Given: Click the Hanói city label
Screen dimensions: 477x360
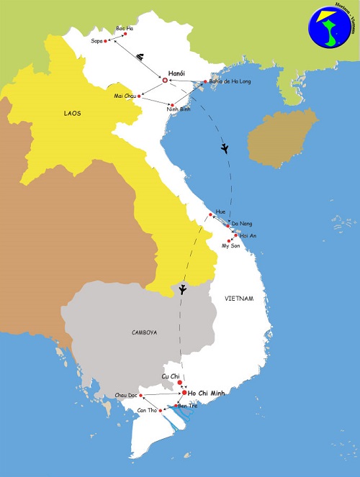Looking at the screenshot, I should point(176,73).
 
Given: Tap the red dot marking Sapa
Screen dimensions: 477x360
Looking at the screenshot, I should point(107,41).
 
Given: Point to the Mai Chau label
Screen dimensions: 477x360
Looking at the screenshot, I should point(125,96).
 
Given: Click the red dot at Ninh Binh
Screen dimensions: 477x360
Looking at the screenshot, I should point(171,106).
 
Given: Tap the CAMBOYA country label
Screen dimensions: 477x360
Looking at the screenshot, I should point(144,332).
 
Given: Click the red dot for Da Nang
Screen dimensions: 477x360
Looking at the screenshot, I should point(228,225).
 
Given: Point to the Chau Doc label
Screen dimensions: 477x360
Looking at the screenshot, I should point(125,396).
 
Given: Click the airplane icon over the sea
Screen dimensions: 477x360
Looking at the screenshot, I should point(225,149).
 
